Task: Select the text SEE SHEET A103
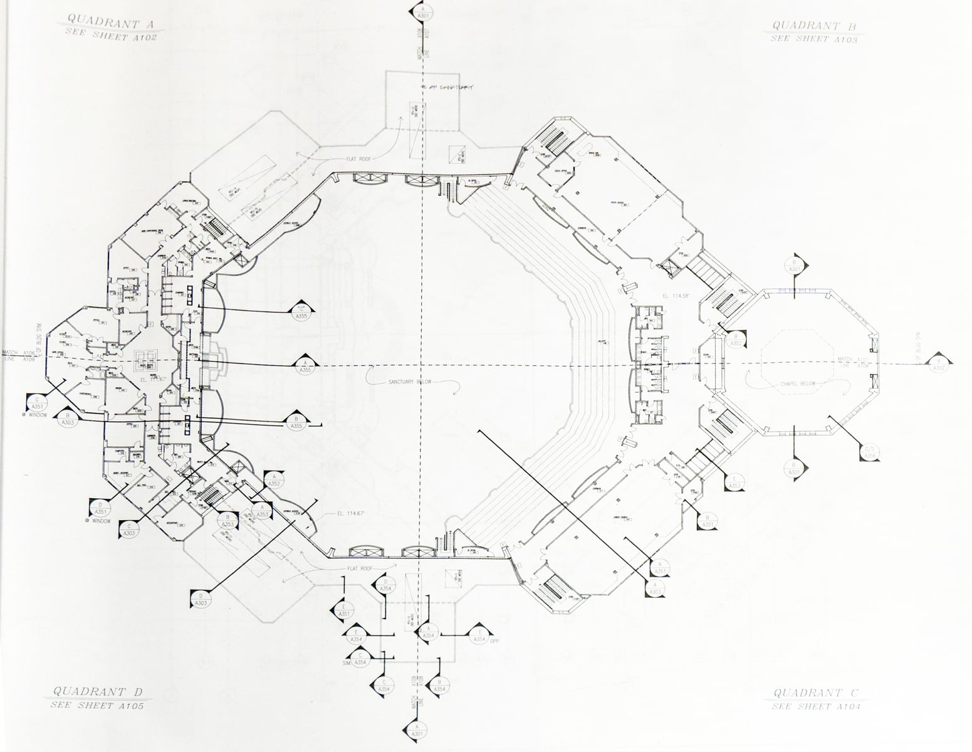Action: coord(813,39)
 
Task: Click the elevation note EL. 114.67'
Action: coord(350,514)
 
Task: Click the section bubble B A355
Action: coord(297,422)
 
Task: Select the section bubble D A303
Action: coord(201,599)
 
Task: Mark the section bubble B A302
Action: coord(938,365)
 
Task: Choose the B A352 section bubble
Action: coord(734,340)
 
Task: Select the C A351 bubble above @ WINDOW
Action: coord(37,402)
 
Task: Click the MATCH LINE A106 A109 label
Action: coord(19,356)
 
